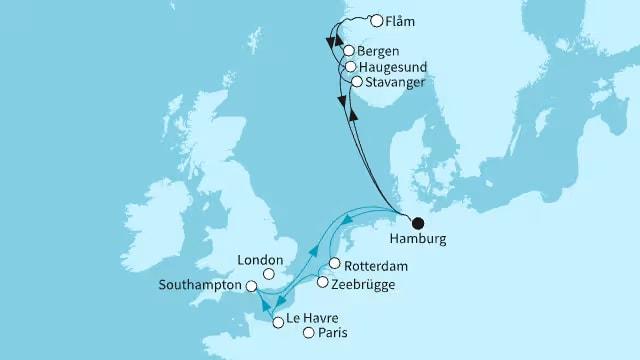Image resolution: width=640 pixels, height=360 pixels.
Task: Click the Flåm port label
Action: (401, 20)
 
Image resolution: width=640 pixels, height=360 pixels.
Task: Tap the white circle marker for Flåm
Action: (376, 20)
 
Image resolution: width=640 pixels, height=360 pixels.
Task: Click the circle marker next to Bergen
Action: (348, 51)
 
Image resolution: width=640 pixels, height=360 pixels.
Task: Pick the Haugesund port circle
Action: (350, 67)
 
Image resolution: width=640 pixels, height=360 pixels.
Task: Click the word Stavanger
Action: (396, 83)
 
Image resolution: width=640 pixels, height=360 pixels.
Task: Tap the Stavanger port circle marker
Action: (357, 83)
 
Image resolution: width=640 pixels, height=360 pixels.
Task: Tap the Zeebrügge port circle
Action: (321, 283)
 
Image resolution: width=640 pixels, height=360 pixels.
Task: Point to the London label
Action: (257, 258)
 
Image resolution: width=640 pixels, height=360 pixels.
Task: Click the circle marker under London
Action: (268, 273)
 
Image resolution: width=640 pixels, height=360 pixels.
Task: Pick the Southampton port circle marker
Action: (237, 285)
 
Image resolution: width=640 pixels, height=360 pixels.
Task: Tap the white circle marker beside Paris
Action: (309, 335)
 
